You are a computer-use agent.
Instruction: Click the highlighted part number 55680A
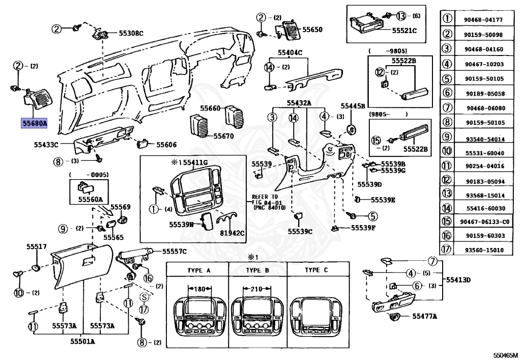pos(34,123)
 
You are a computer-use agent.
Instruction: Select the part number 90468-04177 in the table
pos(483,20)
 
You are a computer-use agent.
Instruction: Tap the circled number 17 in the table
pos(447,250)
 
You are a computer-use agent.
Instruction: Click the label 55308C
pos(131,34)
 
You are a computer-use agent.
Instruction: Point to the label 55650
pos(312,30)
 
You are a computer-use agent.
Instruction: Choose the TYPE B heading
pos(257,270)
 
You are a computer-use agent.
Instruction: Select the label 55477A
pos(425,316)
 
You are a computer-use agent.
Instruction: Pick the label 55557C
pos(175,252)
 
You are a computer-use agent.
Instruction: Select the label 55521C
pos(404,31)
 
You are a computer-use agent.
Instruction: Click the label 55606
pos(166,145)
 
